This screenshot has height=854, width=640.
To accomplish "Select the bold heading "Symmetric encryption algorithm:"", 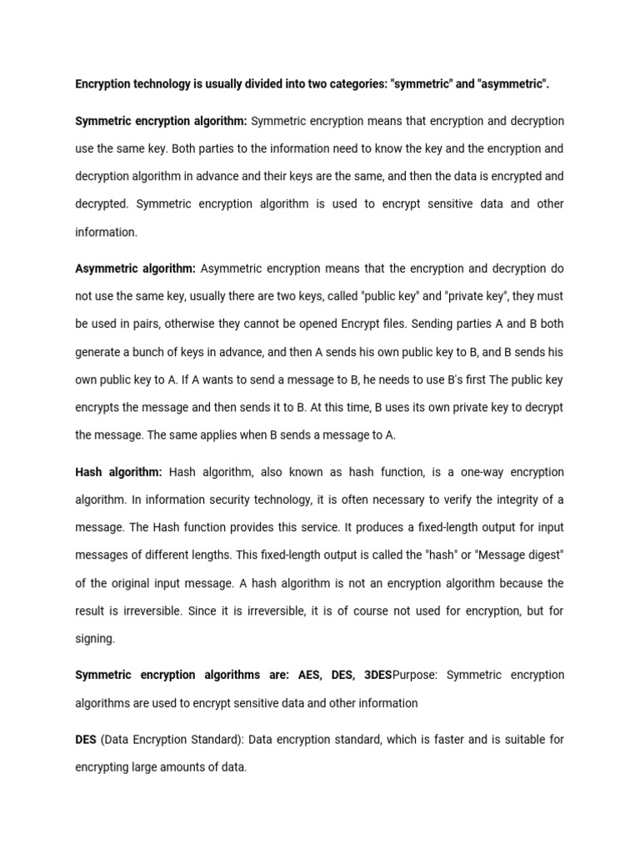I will pyautogui.click(x=161, y=122).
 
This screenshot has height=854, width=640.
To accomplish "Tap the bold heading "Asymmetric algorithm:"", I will pyautogui.click(x=135, y=269).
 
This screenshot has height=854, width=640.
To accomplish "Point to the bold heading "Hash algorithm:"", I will pyautogui.click(x=118, y=472).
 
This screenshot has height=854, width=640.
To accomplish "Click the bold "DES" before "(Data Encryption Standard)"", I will pyautogui.click(x=86, y=740).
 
